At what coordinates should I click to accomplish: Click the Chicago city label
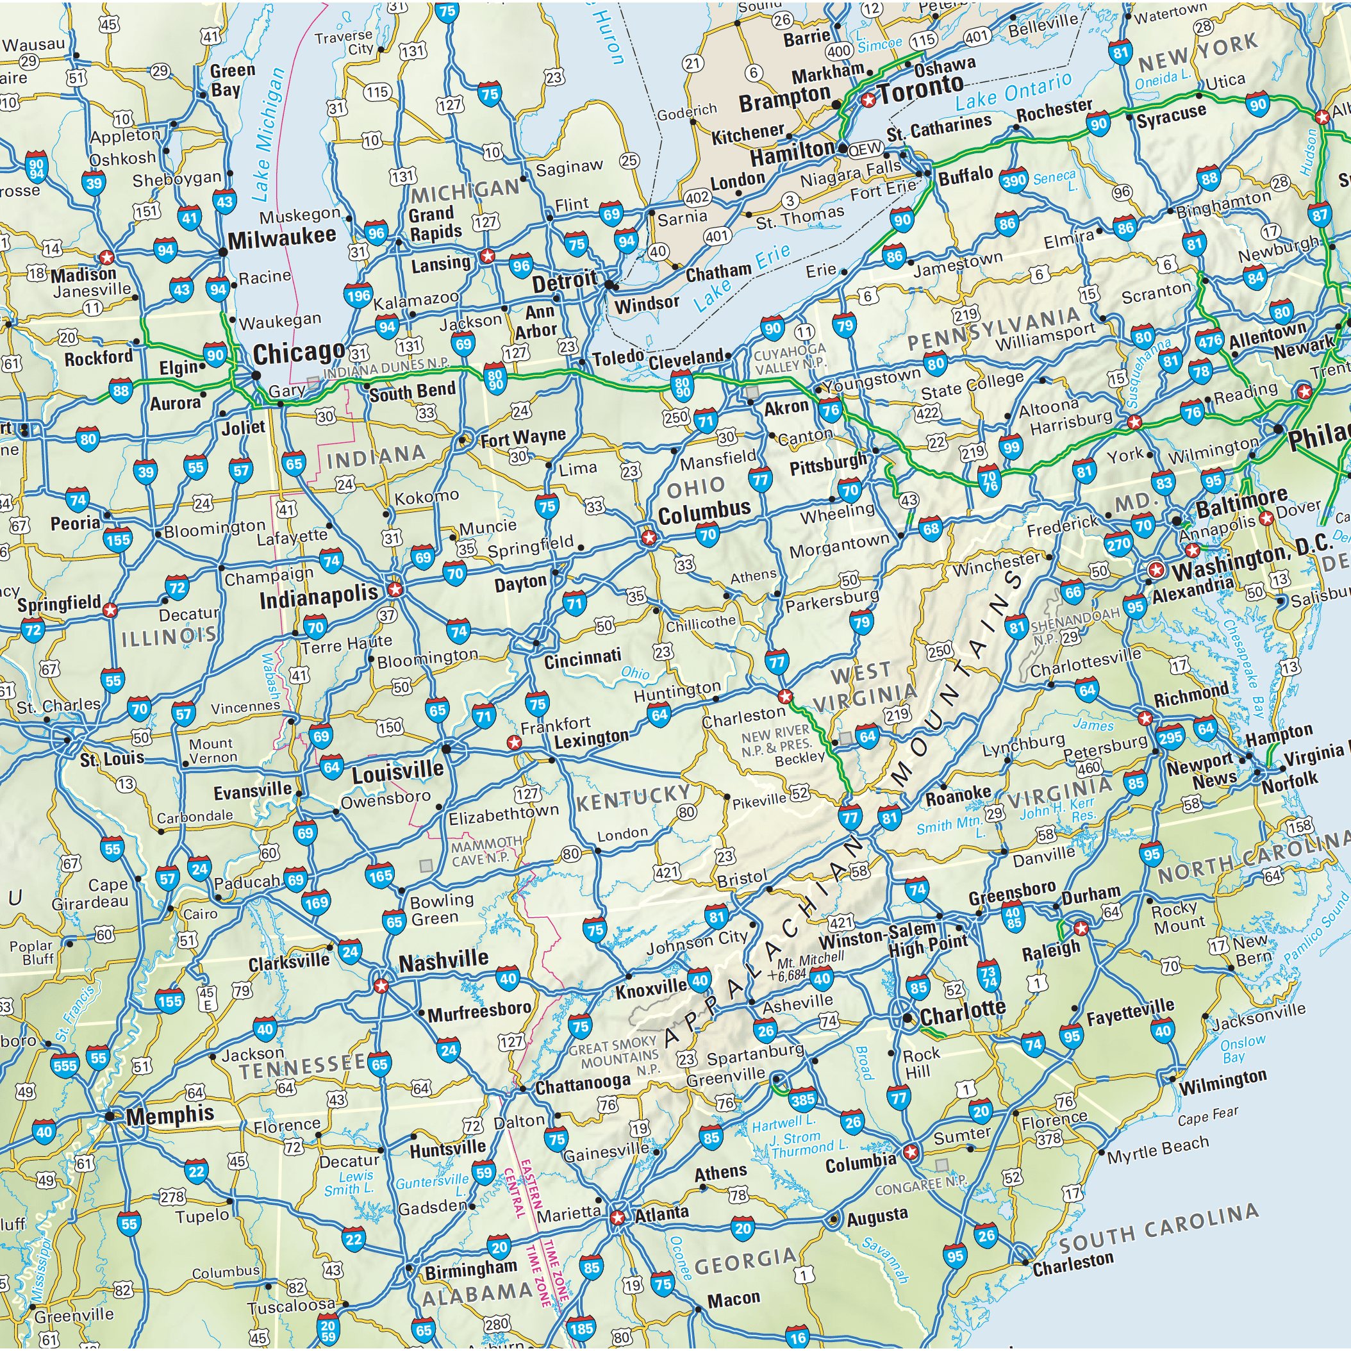click(299, 353)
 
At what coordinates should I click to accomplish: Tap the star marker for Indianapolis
click(395, 589)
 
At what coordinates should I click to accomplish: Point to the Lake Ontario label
click(1013, 92)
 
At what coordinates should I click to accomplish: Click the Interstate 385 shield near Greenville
click(803, 1100)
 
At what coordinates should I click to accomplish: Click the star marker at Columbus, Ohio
click(649, 538)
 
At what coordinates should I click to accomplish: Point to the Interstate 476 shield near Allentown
click(1209, 341)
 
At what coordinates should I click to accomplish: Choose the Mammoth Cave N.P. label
click(485, 850)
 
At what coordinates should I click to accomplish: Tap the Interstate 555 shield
click(65, 1066)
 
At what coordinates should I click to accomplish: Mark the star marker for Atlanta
click(617, 1218)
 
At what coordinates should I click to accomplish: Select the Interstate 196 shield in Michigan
click(358, 296)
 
